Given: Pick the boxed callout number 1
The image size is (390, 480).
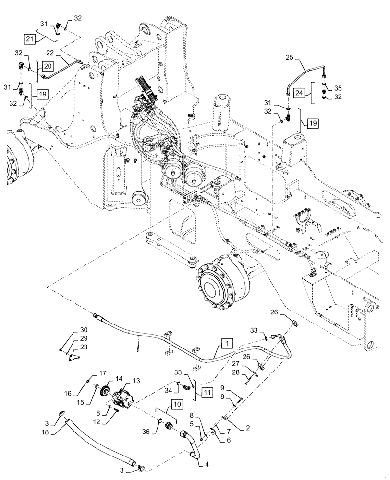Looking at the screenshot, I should [x=227, y=343].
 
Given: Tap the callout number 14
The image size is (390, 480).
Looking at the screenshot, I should [x=119, y=379].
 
